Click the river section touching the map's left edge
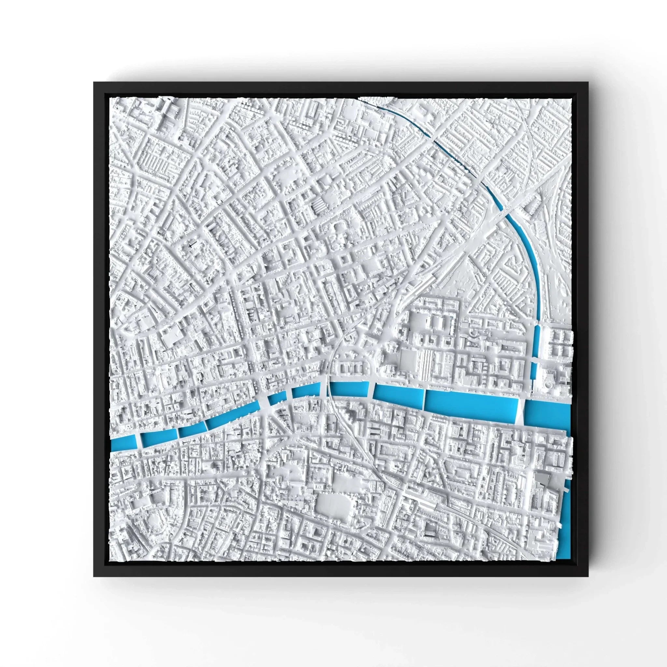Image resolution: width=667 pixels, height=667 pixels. click(x=123, y=443)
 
